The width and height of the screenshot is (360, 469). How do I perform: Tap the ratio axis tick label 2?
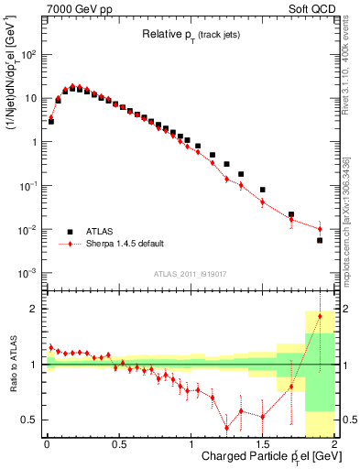tap(37, 310)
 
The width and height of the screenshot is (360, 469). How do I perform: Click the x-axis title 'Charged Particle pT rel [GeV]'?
tap(266, 458)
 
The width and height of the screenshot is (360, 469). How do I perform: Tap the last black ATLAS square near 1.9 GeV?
tap(320, 240)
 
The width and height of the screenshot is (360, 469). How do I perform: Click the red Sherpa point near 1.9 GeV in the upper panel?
tap(320, 229)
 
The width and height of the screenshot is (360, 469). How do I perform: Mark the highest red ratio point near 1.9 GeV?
tap(320, 316)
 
